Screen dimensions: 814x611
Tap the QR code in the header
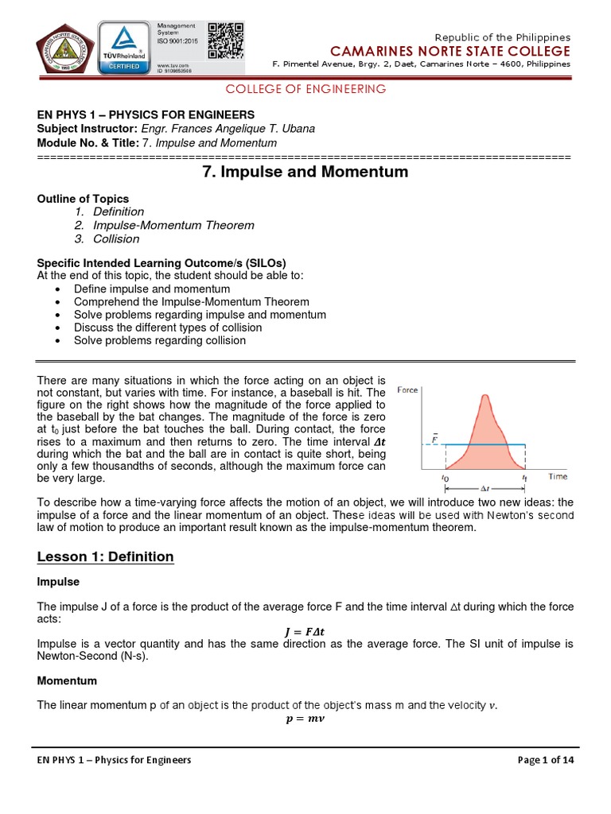pos(225,40)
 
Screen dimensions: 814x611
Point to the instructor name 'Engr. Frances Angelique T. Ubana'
pos(227,129)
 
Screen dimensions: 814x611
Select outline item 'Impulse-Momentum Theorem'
pos(173,225)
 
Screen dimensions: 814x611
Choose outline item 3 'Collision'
pos(116,238)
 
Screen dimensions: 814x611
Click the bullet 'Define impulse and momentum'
pos(152,289)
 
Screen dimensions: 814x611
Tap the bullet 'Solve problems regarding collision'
pos(160,340)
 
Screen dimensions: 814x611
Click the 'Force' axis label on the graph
pos(407,390)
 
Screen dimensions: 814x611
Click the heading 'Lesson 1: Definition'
pos(105,556)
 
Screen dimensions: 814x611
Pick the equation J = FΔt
pos(304,632)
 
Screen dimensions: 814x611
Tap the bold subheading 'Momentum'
pos(67,681)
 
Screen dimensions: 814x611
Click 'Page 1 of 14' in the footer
pos(545,760)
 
